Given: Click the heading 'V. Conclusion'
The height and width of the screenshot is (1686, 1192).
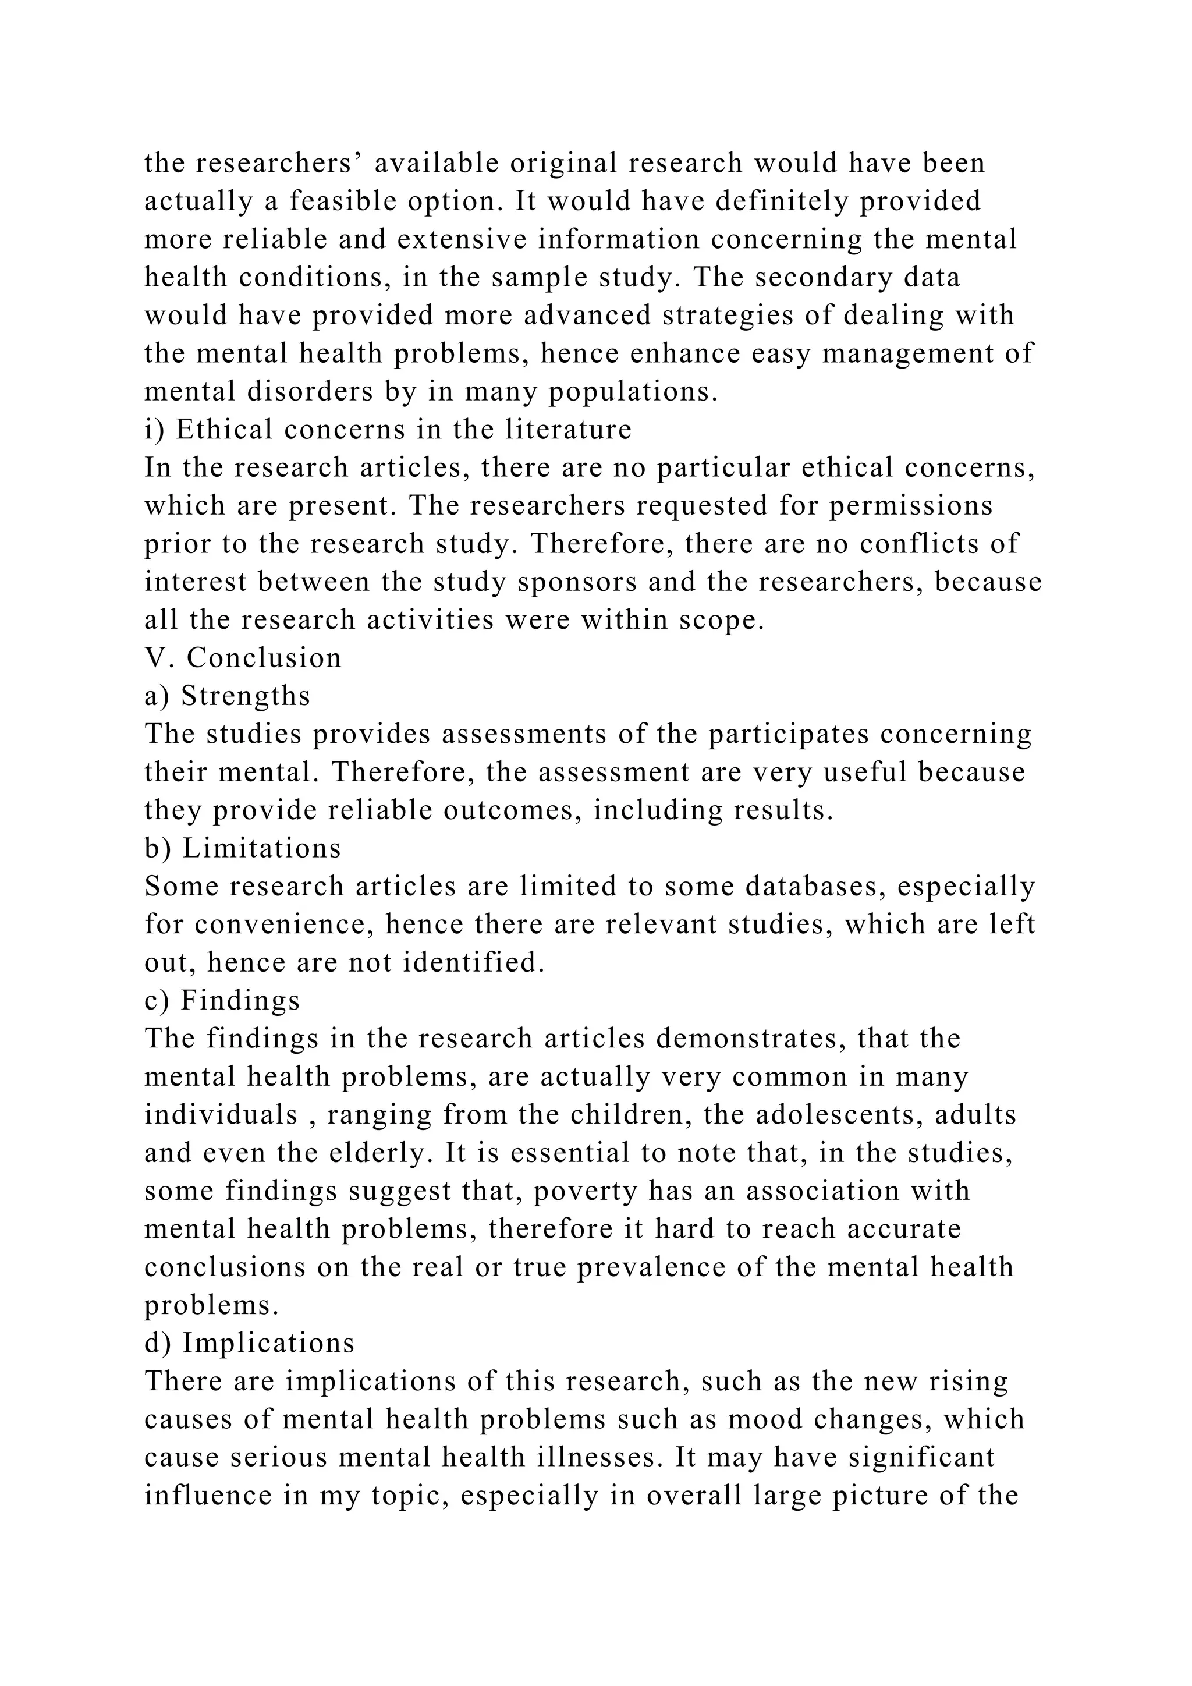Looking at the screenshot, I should tap(243, 657).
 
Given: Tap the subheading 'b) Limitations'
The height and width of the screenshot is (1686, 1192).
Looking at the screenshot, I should tap(243, 848).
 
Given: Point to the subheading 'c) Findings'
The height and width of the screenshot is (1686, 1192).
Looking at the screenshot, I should tap(222, 1000).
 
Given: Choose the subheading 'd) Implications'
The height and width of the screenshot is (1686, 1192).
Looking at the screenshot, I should tap(250, 1343).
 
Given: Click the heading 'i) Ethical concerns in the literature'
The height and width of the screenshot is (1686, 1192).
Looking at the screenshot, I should tap(388, 429).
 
